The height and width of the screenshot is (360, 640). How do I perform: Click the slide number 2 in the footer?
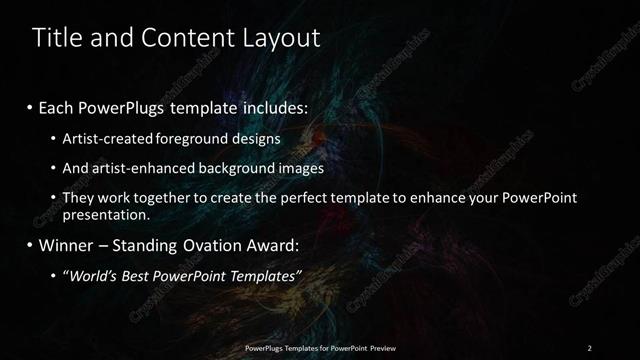click(589, 348)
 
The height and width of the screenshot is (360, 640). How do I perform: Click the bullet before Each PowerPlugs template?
click(30, 105)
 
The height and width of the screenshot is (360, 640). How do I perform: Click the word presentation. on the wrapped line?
click(106, 214)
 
